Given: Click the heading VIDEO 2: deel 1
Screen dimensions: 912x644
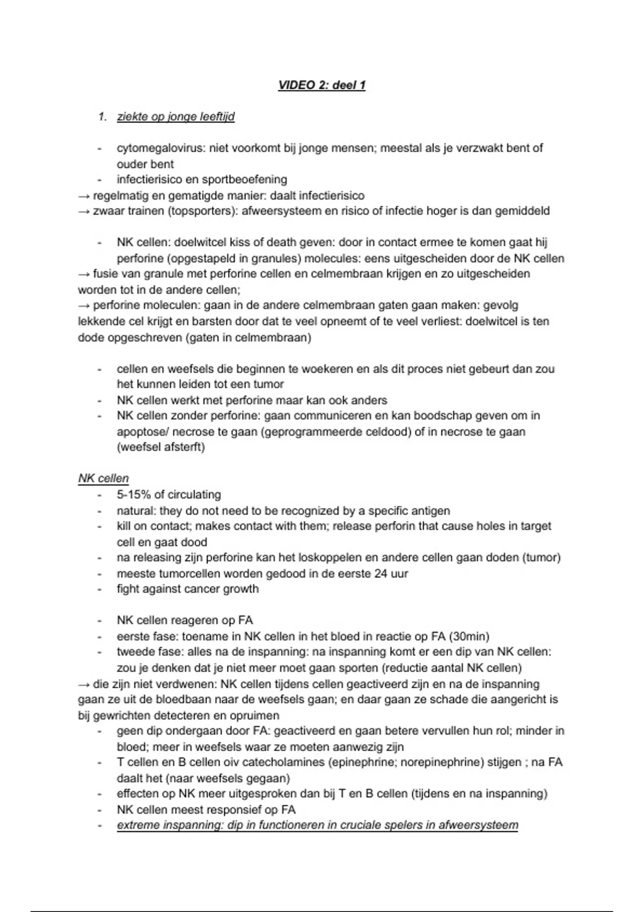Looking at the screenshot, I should [x=321, y=85].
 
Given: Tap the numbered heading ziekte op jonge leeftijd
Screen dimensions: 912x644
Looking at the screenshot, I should [x=175, y=116].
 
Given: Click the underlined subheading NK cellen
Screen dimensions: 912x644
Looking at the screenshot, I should [x=103, y=478].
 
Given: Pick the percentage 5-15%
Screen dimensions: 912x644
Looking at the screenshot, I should [x=133, y=494].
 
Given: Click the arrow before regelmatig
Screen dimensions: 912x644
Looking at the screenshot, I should [x=84, y=195].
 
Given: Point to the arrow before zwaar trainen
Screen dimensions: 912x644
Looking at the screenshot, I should [x=84, y=211].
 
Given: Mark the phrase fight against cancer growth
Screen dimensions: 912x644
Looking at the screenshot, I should [x=187, y=589].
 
